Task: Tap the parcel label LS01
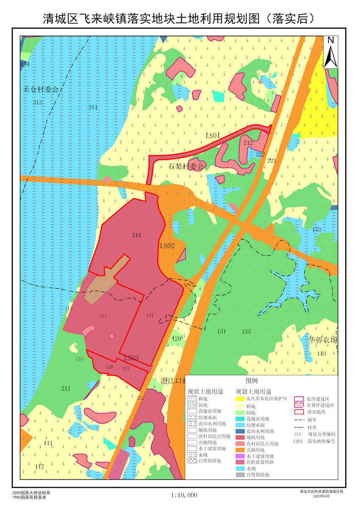(x=213, y=136)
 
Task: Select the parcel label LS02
(x=167, y=246)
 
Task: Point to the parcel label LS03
(x=131, y=358)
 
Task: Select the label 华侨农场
(x=323, y=340)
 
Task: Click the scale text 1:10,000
(x=184, y=495)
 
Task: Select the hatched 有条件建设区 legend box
(x=299, y=405)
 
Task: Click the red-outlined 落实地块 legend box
(x=299, y=412)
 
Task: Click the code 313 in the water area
(x=37, y=103)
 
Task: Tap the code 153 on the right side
(x=316, y=230)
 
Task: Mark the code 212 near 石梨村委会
(x=248, y=143)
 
